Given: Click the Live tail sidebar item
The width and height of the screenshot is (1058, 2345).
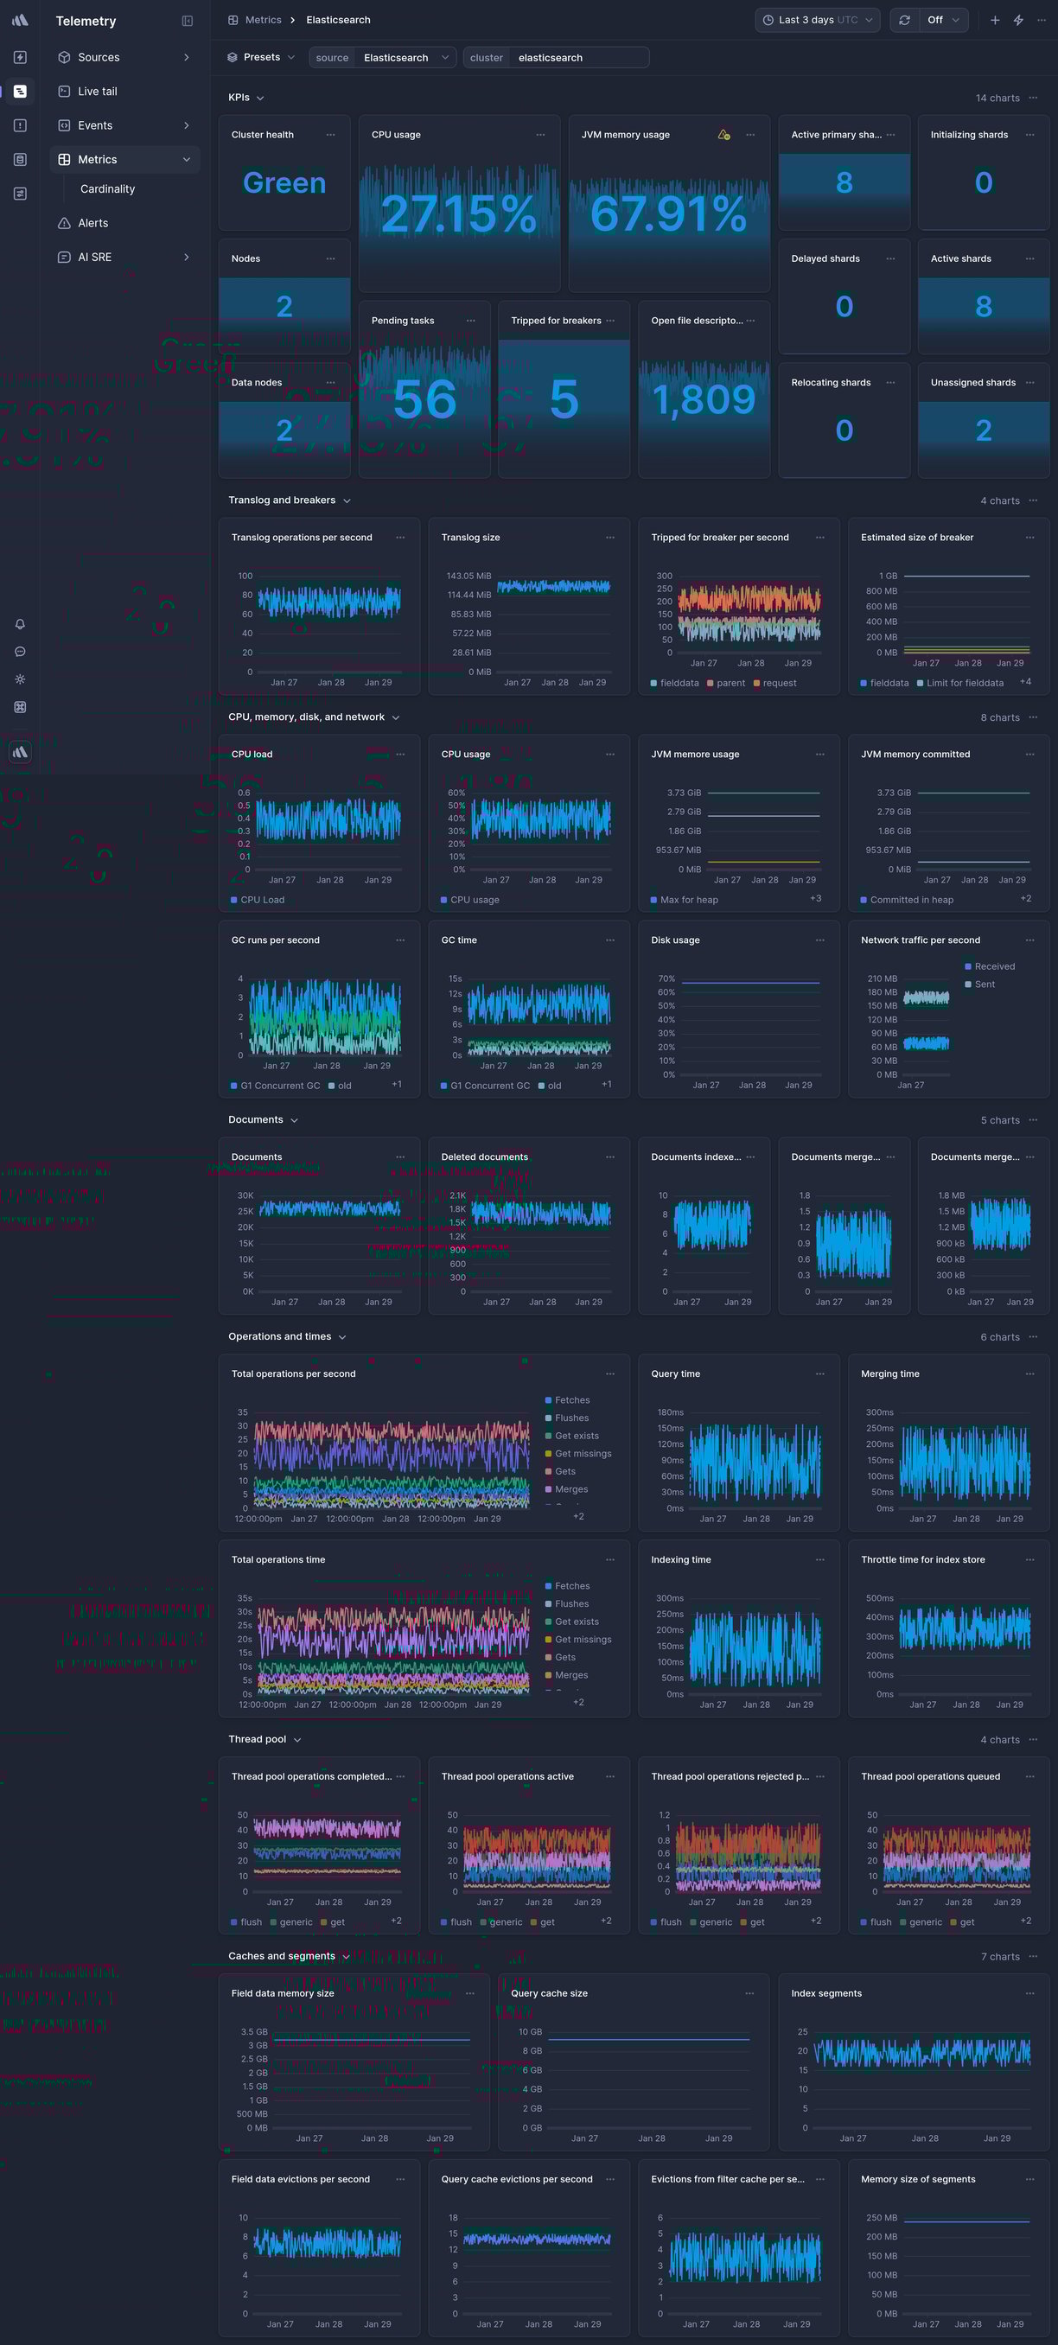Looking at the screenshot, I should (x=98, y=91).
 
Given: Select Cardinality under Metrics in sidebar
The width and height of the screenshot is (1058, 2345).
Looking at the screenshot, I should (x=107, y=188).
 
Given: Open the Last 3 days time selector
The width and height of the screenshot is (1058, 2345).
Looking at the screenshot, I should (x=817, y=20).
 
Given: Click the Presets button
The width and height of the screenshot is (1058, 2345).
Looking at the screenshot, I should (x=261, y=57).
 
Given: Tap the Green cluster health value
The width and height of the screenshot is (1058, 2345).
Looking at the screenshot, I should (x=284, y=183).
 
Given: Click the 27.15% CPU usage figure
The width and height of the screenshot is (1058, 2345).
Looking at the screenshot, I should (x=458, y=213).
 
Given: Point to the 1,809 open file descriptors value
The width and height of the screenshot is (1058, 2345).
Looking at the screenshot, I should (x=704, y=398).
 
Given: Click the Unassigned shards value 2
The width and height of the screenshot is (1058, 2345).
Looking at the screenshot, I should (x=984, y=430).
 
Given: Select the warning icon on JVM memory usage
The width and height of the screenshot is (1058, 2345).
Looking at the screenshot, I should (x=723, y=135).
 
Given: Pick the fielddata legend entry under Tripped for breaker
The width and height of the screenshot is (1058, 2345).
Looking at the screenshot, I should (x=679, y=683).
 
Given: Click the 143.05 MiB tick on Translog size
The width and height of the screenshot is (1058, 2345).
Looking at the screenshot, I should (x=468, y=576).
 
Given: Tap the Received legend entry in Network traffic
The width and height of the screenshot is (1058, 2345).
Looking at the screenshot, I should (x=994, y=966).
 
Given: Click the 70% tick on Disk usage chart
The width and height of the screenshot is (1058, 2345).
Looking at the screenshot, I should (x=666, y=978).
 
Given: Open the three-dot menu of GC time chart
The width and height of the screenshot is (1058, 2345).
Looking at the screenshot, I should (x=610, y=940).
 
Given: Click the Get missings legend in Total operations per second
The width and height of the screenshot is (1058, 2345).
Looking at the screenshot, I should (x=583, y=1454).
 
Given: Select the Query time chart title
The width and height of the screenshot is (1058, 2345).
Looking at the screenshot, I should (x=676, y=1373).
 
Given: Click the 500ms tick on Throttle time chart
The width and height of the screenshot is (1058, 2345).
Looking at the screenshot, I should (x=880, y=1597).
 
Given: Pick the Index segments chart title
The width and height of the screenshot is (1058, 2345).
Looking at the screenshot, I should (x=825, y=1993).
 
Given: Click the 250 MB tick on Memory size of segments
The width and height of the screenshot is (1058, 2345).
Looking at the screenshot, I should (x=882, y=2218).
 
